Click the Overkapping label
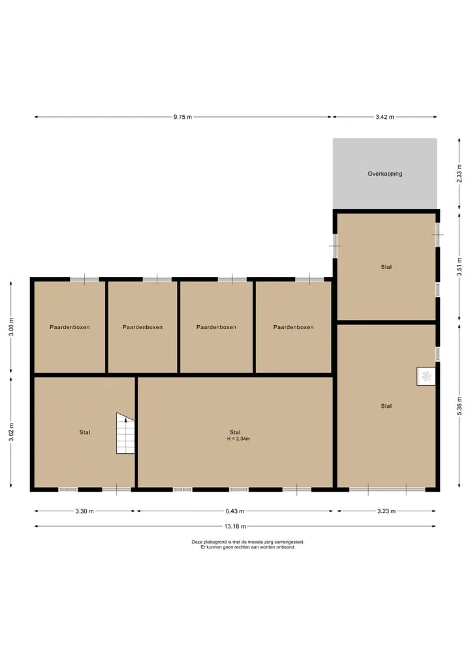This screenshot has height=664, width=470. (x=385, y=174)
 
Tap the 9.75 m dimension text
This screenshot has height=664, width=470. (x=183, y=118)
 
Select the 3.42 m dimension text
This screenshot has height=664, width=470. (x=385, y=118)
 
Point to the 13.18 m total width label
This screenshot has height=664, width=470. (x=235, y=526)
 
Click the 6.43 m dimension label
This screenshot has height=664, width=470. (x=235, y=511)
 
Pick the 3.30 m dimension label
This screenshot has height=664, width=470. (x=85, y=511)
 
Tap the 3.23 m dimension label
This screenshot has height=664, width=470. (x=386, y=511)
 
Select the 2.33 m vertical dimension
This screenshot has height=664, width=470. (x=460, y=174)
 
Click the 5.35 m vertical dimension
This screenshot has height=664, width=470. (x=460, y=405)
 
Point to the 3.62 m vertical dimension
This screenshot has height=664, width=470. (x=12, y=432)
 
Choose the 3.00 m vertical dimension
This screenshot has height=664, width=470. (x=12, y=327)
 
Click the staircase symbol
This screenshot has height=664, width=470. (x=125, y=434)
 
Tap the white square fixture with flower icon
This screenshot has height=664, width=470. (x=426, y=376)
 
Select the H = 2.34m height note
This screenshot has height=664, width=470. (x=238, y=439)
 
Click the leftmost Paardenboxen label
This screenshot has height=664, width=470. (x=70, y=327)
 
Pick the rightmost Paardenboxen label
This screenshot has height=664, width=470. (x=294, y=327)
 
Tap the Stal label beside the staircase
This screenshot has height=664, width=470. (x=85, y=432)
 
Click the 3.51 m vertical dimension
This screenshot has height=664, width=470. (x=460, y=267)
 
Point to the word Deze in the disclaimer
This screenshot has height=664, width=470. (x=197, y=542)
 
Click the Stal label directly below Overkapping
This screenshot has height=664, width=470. (x=386, y=267)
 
